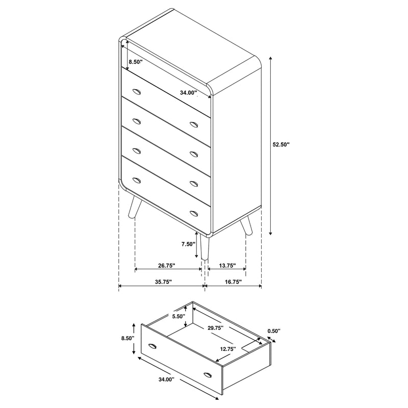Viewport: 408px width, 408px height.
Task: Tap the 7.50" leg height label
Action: (x=188, y=244)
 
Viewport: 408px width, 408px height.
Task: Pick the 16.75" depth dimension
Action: (x=232, y=282)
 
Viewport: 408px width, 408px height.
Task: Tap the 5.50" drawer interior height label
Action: (x=178, y=316)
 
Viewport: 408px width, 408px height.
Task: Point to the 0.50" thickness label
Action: (x=274, y=331)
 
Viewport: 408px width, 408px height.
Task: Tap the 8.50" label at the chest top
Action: (x=135, y=62)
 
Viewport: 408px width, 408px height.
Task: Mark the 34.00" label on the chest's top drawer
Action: (x=188, y=93)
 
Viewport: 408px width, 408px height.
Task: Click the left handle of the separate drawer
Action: (x=152, y=347)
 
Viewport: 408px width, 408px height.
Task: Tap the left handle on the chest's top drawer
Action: (x=136, y=91)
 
